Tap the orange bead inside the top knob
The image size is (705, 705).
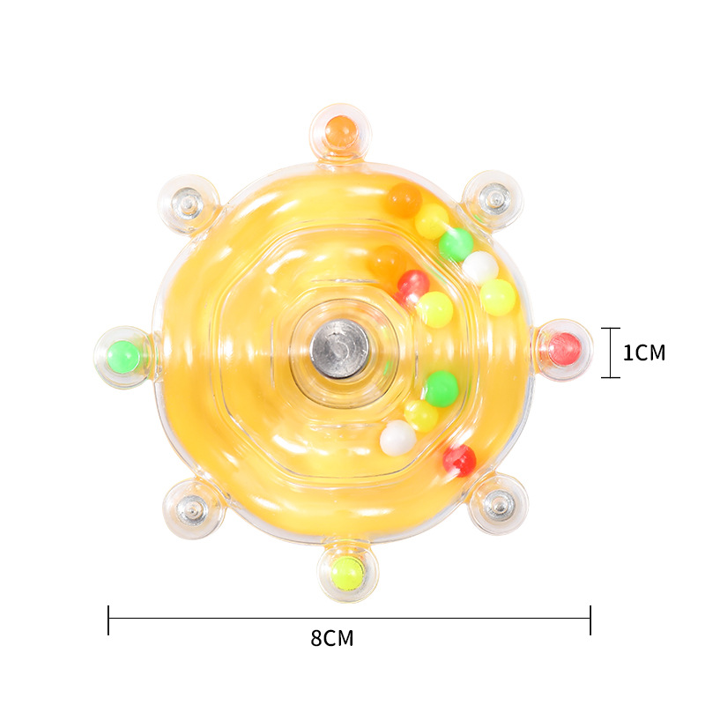pos(340,130)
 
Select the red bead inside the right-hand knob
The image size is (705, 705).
pos(565,349)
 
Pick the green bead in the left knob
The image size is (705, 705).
pos(123,356)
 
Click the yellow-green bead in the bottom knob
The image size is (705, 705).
pos(347,573)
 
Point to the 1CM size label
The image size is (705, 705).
pos(644,353)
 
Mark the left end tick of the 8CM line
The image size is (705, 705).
pos(108,620)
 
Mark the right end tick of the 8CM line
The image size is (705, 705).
pos(590,620)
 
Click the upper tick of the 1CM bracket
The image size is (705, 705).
pos(611,328)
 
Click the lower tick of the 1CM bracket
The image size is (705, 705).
pos(611,377)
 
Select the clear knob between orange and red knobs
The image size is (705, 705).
pos(494,198)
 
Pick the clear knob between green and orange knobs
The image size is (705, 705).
pos(187,202)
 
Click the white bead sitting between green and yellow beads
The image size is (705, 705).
pos(480,267)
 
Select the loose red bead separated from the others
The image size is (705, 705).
pos(459,460)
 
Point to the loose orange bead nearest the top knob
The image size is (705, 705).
pos(404,201)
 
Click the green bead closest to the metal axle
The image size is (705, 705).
pos(441,388)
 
